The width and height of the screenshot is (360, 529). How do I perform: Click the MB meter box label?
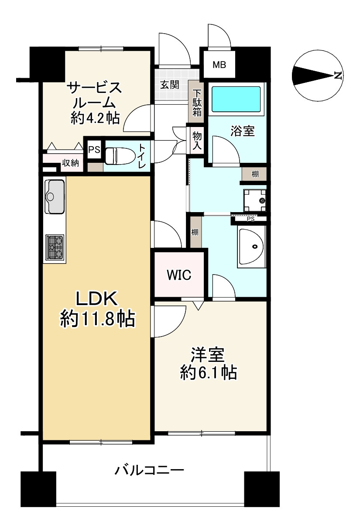(219, 65)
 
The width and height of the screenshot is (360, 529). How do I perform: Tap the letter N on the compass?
(337, 76)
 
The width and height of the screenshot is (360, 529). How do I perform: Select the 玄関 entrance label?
(169, 85)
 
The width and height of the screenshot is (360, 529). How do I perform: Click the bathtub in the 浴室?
(236, 99)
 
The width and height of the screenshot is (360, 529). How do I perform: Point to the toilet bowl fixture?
(118, 155)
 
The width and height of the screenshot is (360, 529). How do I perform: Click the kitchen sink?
(55, 196)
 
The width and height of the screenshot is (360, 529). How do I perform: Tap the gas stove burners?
(55, 247)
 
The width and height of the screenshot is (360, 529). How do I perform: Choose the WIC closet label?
(179, 275)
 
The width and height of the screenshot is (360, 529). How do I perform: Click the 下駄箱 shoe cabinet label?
(197, 103)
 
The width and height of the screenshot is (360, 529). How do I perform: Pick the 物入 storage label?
(197, 141)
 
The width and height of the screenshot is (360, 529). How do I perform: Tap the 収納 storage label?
(70, 163)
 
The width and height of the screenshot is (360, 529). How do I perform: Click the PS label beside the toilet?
(94, 149)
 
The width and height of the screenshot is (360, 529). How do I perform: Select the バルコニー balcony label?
(149, 471)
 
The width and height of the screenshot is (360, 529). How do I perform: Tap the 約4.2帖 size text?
(95, 118)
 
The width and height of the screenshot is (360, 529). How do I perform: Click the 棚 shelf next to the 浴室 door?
(255, 174)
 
